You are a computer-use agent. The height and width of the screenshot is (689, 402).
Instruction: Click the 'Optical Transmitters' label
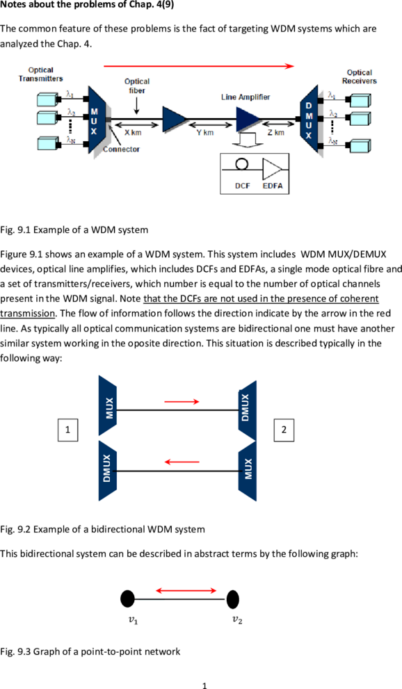point(40,74)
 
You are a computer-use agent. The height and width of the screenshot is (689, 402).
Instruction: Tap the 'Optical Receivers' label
point(360,76)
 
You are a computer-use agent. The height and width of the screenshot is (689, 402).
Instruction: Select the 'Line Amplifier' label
point(246,97)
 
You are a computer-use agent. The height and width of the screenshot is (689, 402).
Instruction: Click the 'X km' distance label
point(133,132)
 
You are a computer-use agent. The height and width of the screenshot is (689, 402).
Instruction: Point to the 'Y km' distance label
point(205,132)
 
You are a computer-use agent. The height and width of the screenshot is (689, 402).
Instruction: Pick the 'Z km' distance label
point(276,132)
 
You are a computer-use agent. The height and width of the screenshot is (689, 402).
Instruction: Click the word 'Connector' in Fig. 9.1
point(121,149)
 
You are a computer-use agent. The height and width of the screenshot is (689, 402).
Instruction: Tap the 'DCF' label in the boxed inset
point(243,186)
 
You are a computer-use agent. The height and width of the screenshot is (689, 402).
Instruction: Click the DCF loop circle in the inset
point(242,164)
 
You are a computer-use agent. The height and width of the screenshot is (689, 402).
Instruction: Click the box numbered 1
point(67,430)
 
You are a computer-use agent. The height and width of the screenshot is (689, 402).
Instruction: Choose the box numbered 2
point(284,430)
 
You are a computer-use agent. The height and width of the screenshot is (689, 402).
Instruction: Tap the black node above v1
point(128,599)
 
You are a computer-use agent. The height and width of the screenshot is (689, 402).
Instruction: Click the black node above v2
point(233,599)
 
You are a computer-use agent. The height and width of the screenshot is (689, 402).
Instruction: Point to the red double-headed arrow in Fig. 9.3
point(186,590)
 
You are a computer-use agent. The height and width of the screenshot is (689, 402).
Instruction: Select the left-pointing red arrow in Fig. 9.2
point(182,462)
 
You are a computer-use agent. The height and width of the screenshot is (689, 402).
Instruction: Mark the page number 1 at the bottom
point(204,685)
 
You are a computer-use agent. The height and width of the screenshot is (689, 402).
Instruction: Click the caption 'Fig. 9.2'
point(15,529)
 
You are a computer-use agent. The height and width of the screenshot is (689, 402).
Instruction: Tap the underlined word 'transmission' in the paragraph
point(27,314)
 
